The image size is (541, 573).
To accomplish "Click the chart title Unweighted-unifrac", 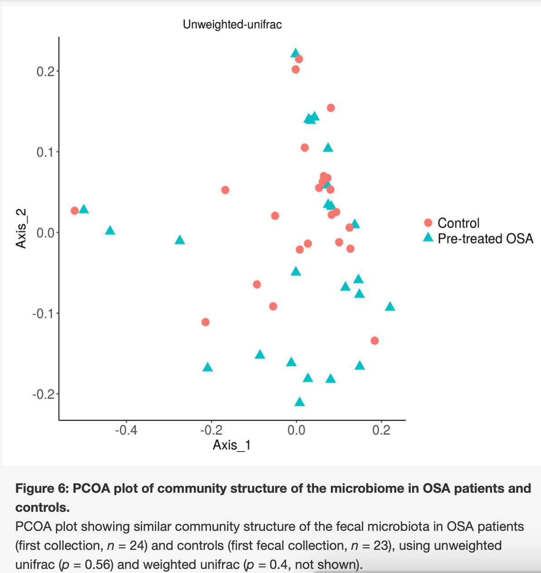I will coord(232,24).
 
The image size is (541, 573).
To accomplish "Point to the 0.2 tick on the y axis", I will coord(45,71).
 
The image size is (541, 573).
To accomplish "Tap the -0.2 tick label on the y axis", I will coord(43,394).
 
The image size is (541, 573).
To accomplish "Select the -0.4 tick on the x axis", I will coord(126,430).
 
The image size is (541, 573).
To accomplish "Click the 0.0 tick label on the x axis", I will coord(296,430).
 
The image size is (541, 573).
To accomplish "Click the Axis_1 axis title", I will coord(231,445).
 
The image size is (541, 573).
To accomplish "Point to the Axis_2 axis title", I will coord(21,228).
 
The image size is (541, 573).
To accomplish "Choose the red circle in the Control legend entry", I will coord(428,223).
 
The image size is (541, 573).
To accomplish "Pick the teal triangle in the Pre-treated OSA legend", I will coord(428,238).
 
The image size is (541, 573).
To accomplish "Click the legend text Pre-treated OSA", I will coord(485,238).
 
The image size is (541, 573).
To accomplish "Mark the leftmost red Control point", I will coord(75,211).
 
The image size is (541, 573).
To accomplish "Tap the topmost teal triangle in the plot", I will coord(295,53).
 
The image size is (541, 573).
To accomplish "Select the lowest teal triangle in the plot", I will coord(300,402).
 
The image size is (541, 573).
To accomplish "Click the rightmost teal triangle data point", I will coord(390,307).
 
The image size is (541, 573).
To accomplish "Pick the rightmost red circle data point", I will coord(374,340).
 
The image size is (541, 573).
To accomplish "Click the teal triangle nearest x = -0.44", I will coord(110,231).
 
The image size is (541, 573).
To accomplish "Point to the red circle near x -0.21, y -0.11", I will coord(205,322).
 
